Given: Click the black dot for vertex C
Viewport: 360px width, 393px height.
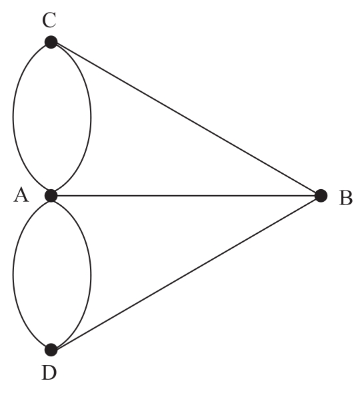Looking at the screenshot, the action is (51, 42).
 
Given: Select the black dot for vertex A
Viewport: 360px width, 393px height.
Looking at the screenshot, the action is (51, 195).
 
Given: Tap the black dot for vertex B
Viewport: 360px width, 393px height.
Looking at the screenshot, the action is (321, 195).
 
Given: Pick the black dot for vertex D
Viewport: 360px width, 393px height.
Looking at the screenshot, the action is (51, 350).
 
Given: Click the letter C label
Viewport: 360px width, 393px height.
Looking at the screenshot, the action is (49, 20).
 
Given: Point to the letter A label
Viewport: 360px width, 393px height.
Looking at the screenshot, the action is (21, 195).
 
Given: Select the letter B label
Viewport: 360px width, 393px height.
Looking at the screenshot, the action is (346, 198).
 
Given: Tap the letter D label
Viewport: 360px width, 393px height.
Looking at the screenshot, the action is (49, 373).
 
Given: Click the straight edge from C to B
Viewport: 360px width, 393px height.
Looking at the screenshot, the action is (186, 119).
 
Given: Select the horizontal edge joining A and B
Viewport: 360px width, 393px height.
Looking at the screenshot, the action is (186, 195).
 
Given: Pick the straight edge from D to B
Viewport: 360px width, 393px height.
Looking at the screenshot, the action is (186, 272).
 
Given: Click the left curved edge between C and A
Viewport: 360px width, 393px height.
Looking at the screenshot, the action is (13, 119).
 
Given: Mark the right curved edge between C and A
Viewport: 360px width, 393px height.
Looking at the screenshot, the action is (91, 119).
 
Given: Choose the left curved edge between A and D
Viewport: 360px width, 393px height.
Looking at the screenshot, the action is (13, 272).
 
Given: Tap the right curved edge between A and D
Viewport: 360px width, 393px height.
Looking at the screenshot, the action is (91, 272).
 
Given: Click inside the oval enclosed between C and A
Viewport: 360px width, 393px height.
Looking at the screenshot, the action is (52, 119).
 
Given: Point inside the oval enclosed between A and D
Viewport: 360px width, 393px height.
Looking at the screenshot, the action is (52, 272).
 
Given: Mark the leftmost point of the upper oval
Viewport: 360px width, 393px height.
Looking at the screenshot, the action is (13, 119).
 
